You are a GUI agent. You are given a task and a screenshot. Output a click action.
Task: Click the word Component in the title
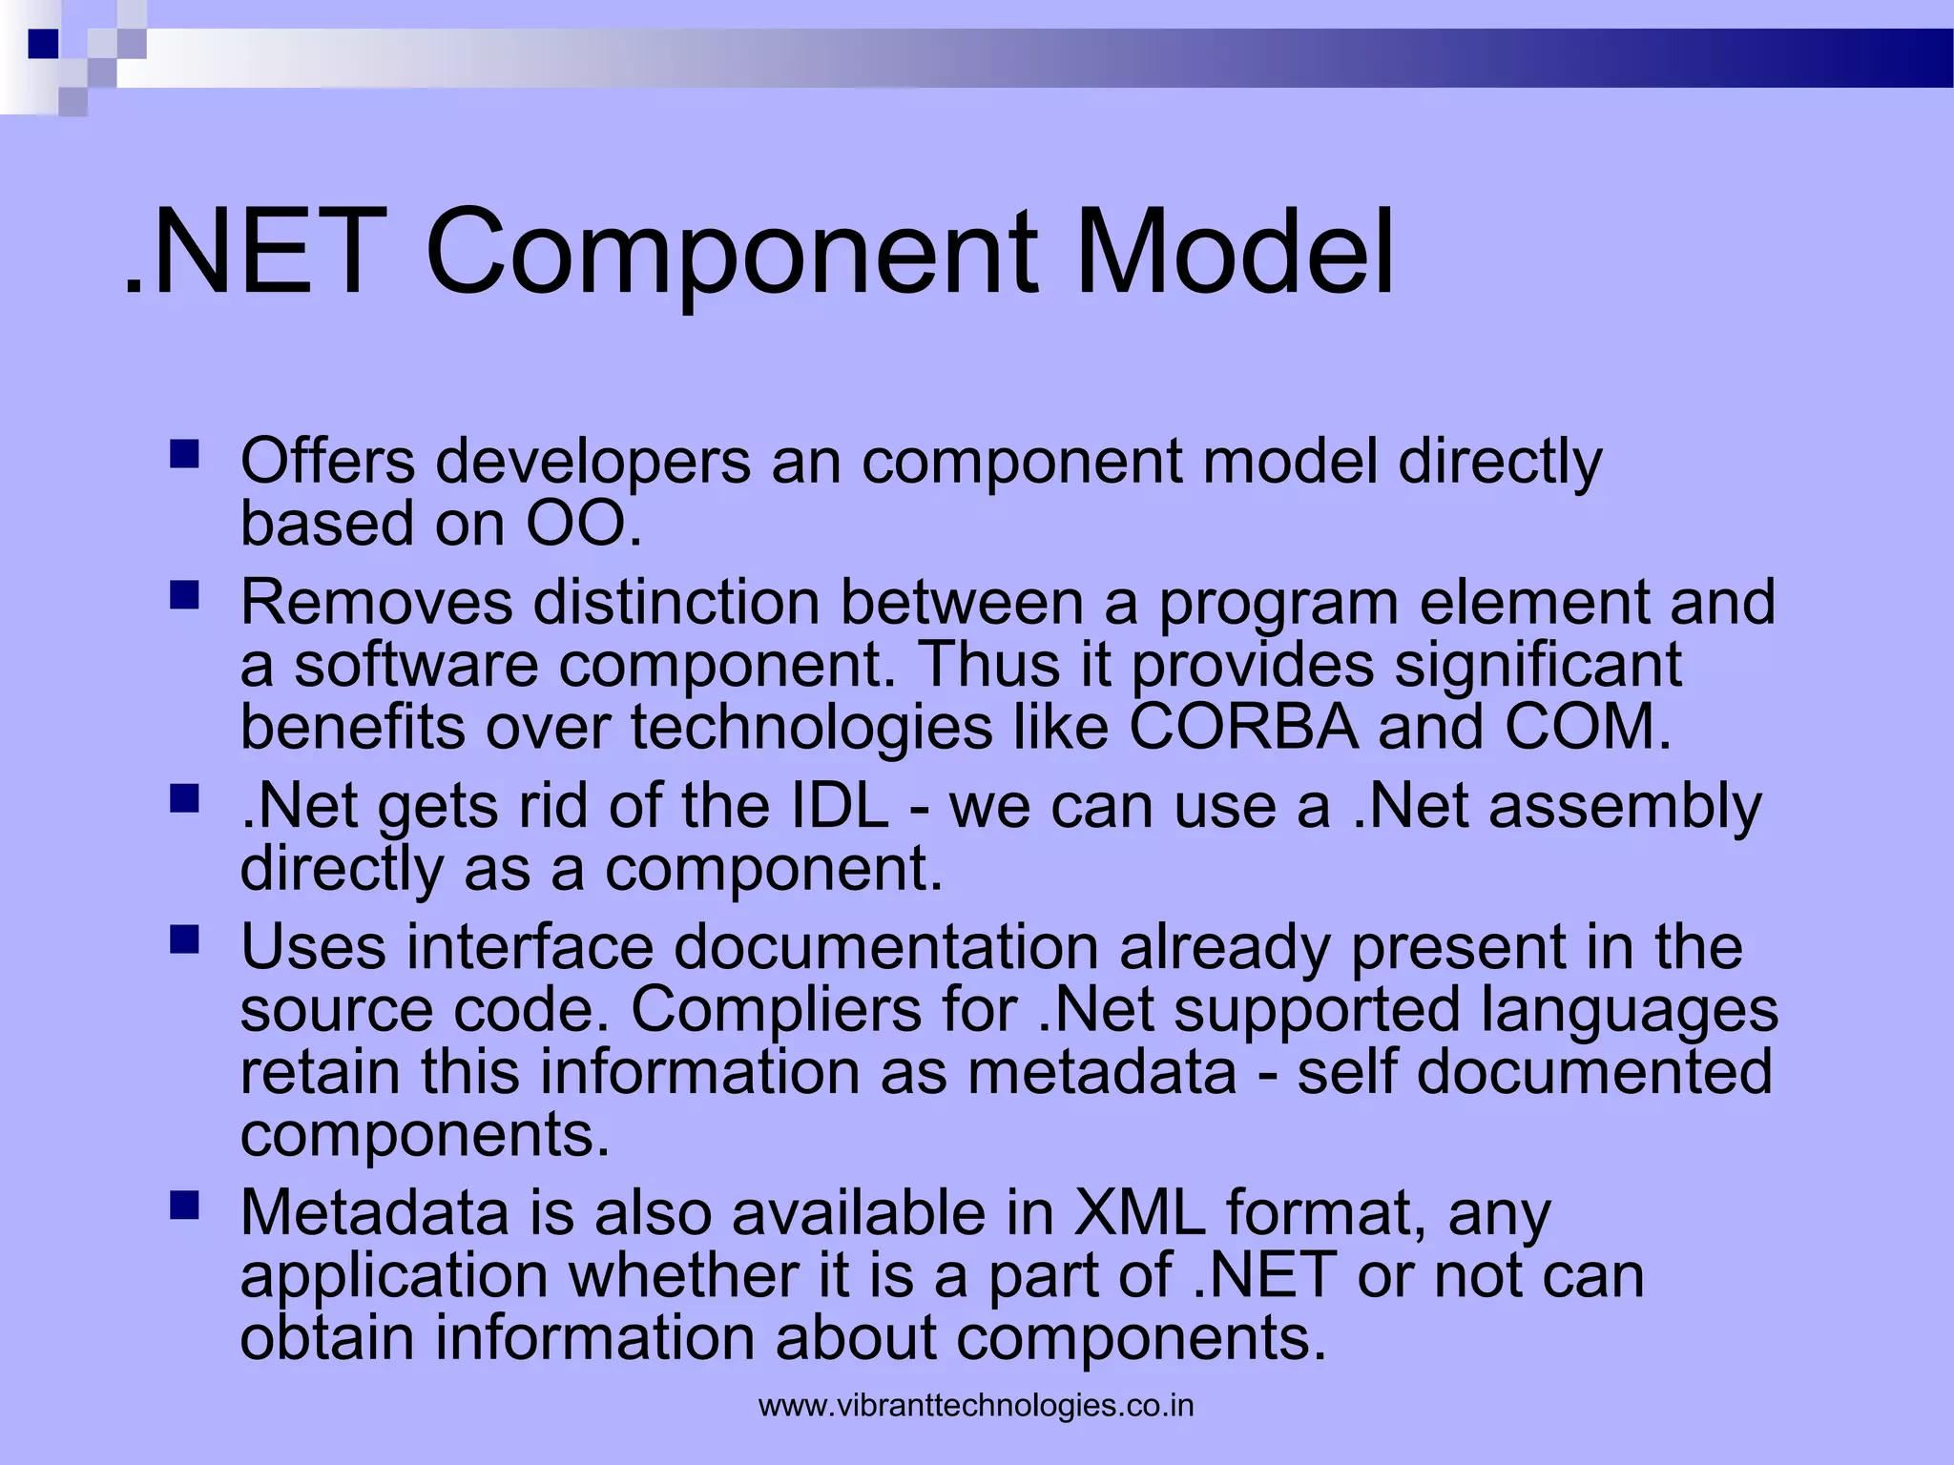coord(733,256)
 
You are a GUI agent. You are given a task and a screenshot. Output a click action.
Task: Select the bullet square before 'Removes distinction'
coord(184,596)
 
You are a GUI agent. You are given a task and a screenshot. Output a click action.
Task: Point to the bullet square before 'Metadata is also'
coord(184,1207)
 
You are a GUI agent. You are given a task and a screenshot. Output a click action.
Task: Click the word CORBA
coord(1243,727)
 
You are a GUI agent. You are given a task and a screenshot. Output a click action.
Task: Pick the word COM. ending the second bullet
coord(1588,727)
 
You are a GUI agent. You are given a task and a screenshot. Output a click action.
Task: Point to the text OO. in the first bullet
coord(584,524)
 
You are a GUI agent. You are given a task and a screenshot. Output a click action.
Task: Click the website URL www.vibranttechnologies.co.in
coord(976,1406)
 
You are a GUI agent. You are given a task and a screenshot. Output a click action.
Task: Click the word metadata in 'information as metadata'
coord(1101,1072)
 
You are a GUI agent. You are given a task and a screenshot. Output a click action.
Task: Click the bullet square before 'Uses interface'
coord(184,940)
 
